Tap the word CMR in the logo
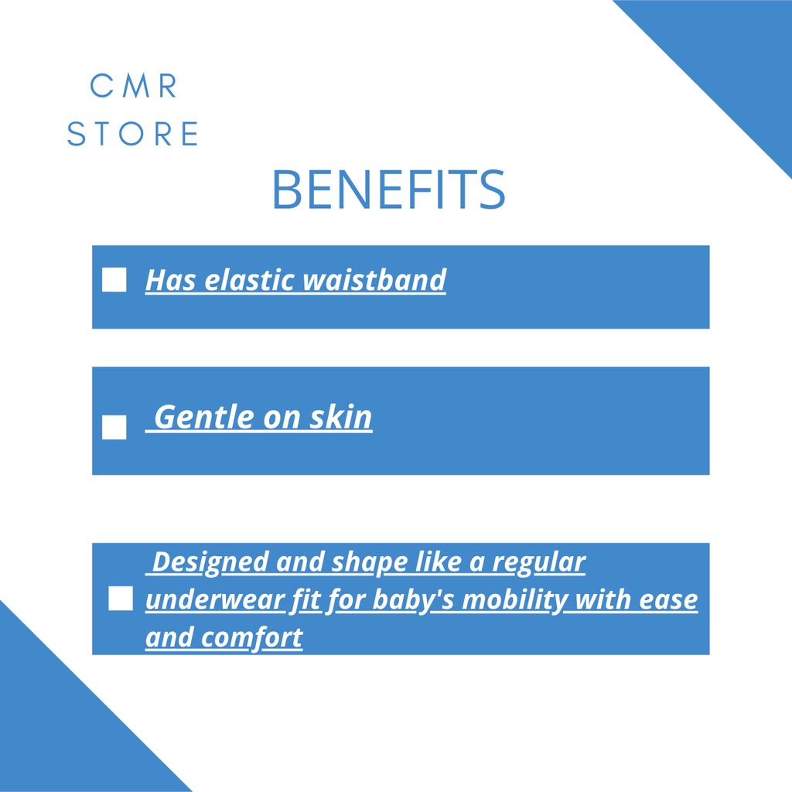pos(133,85)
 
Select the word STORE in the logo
pos(133,133)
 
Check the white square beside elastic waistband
pos(114,279)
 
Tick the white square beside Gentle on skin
pos(114,427)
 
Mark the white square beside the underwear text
pos(121,599)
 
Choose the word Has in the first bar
pos(171,279)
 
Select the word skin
pos(341,417)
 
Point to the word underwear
pos(216,600)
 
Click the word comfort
pos(252,637)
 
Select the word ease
pos(668,600)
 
